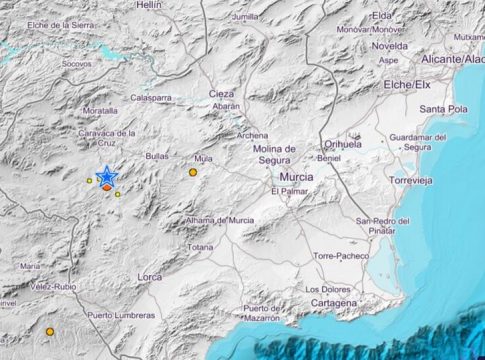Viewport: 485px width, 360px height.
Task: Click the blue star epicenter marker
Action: [106, 176]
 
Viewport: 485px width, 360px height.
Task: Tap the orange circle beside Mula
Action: [193, 172]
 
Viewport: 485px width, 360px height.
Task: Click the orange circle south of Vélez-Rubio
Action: [49, 332]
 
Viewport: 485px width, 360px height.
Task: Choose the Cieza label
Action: [221, 92]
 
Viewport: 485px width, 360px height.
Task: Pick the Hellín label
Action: [149, 5]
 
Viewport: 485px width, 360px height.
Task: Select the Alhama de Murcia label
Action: [219, 220]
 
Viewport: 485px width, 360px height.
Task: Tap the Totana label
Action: [201, 247]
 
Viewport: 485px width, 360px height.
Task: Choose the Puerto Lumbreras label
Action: [120, 315]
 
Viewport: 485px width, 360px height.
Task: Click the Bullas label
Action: [158, 157]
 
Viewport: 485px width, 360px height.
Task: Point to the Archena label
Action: [252, 135]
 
